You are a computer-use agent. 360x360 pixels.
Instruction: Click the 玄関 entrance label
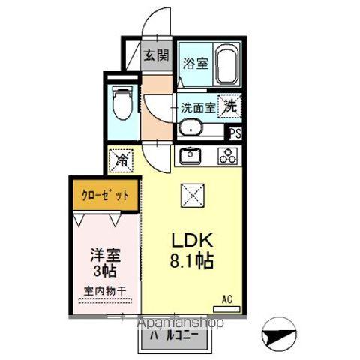(157, 55)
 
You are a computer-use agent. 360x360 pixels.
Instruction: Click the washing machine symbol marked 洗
(229, 106)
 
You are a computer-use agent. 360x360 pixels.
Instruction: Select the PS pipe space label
(235, 135)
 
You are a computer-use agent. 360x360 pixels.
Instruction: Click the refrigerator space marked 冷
(119, 160)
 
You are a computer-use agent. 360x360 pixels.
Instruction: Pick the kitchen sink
(190, 156)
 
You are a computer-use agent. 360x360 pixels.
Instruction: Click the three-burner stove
(227, 157)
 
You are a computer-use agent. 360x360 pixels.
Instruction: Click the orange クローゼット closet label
(105, 196)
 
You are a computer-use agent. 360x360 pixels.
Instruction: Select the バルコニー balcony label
(175, 335)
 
